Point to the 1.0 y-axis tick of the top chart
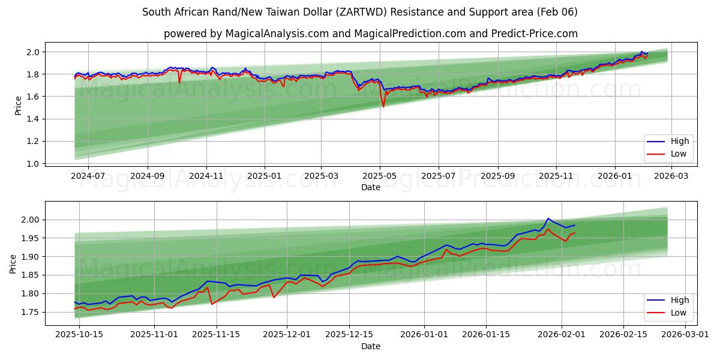pyautogui.click(x=33, y=163)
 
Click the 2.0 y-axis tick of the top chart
pyautogui.click(x=33, y=52)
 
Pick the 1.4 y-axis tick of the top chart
pyautogui.click(x=33, y=119)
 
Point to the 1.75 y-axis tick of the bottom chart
pyautogui.click(x=31, y=312)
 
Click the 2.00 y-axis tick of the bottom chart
pyautogui.click(x=31, y=220)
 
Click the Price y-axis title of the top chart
pyautogui.click(x=18, y=106)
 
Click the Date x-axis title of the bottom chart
pyautogui.click(x=370, y=346)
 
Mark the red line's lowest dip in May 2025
pyautogui.click(x=383, y=107)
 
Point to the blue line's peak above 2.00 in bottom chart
pyautogui.click(x=548, y=218)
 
